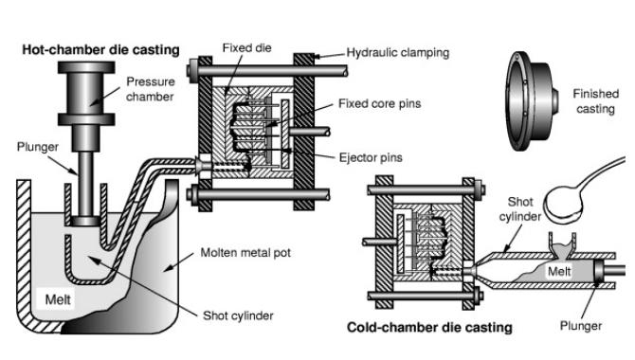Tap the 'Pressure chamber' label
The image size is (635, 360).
(x=150, y=88)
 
